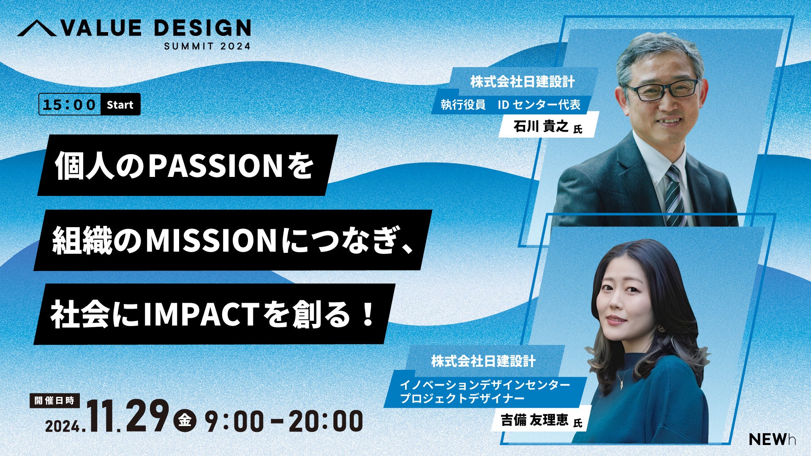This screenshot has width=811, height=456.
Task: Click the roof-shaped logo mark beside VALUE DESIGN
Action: point(36,28)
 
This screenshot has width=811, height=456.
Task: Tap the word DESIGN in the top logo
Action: point(202,28)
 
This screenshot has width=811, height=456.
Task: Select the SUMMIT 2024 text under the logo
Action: point(207,46)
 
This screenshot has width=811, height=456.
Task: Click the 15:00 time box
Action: point(70,105)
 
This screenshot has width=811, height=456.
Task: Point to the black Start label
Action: point(120,105)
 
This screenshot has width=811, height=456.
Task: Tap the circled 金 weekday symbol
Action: point(185,421)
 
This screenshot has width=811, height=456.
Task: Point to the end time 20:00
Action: point(326,421)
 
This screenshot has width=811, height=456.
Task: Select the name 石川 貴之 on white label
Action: point(541,126)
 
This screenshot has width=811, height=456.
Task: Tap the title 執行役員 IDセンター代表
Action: point(511,105)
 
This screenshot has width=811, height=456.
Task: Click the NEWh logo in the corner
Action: point(773,440)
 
